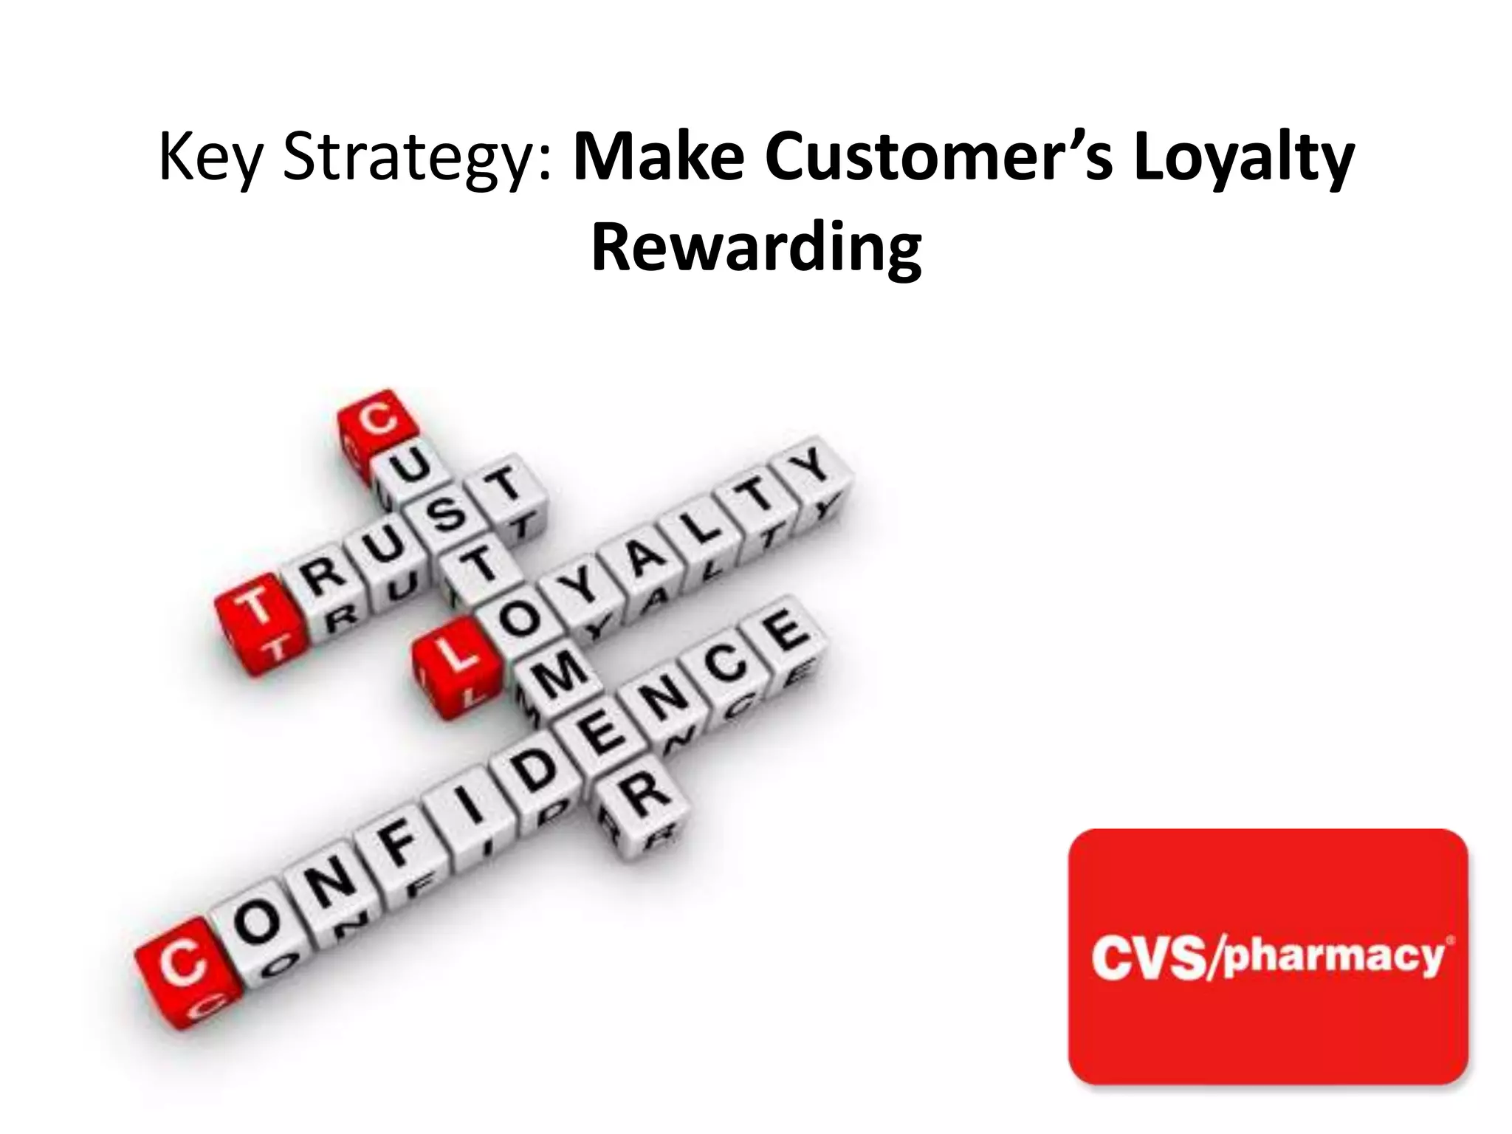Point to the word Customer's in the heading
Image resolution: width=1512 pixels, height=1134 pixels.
(938, 157)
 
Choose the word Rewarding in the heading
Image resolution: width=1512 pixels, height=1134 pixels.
(756, 247)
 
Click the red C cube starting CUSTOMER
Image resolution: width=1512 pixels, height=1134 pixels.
(377, 424)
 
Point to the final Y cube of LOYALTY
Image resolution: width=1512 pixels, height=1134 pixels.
(812, 469)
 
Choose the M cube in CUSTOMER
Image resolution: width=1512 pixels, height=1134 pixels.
(559, 680)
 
